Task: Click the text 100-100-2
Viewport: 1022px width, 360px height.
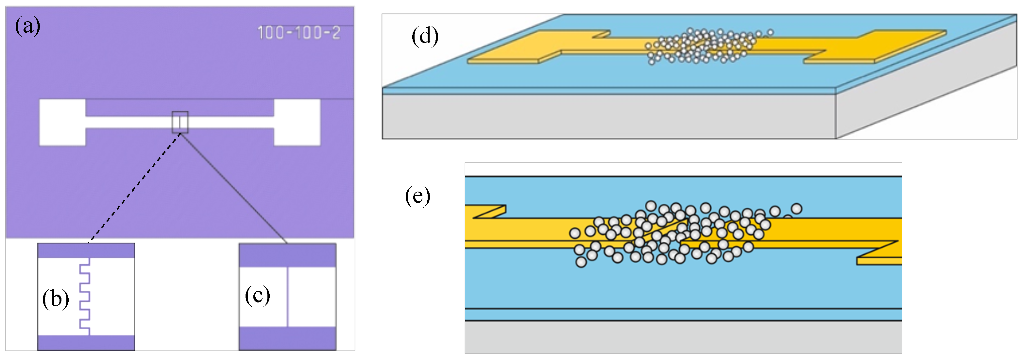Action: pos(299,33)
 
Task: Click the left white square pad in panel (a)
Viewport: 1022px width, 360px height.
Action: pos(62,122)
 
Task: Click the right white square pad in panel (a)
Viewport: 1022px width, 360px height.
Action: pos(297,122)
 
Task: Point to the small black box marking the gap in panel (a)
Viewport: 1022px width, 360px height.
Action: pos(180,122)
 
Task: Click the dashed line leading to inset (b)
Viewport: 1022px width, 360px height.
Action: pos(135,187)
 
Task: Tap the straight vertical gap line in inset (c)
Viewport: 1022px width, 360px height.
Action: pos(287,297)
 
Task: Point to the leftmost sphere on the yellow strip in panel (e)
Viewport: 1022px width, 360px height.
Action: pos(574,233)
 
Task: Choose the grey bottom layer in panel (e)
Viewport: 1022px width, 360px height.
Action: pos(682,337)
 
